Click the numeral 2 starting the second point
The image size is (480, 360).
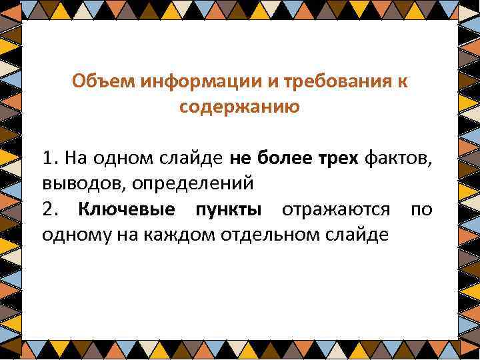point(47,210)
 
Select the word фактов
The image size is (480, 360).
point(400,160)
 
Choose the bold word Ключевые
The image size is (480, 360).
point(127,210)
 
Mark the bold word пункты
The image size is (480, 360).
point(229,210)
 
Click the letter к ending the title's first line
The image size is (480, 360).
point(403,82)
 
